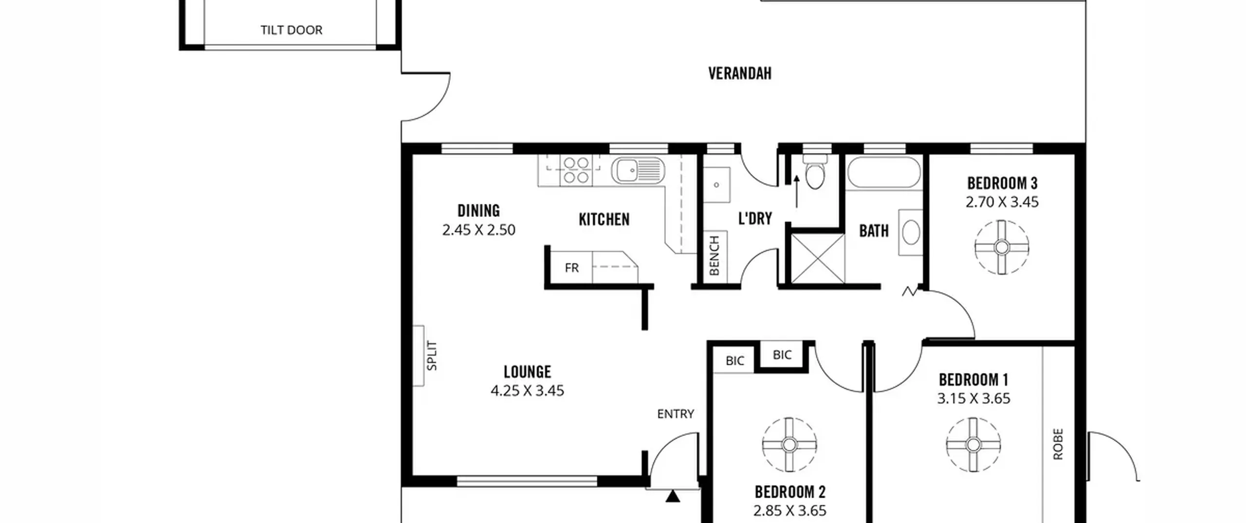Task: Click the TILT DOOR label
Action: [291, 30]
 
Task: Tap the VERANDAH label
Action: [740, 73]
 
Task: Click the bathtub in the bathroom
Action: [884, 172]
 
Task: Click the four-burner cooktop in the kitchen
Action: [576, 170]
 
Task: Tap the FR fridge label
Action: [571, 268]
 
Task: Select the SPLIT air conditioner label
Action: [432, 356]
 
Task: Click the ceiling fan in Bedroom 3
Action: [1002, 247]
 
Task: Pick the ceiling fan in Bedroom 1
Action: [973, 444]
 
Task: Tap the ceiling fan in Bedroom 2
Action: [789, 444]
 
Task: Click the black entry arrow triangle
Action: [673, 496]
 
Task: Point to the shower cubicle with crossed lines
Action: [818, 258]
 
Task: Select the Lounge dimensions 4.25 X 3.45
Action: [527, 391]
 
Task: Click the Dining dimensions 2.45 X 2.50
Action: [478, 230]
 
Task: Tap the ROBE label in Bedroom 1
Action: [1058, 444]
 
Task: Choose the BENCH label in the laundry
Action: [714, 255]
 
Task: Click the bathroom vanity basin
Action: [911, 232]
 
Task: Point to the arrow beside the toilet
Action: [797, 192]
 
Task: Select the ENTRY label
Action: [676, 414]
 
